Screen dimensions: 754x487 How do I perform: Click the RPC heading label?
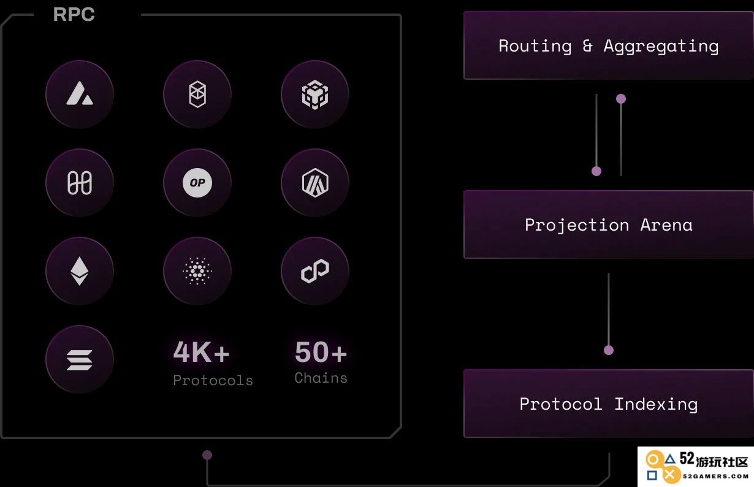tap(74, 15)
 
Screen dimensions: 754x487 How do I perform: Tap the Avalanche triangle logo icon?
tap(80, 94)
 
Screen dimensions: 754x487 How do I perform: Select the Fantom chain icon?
tap(197, 94)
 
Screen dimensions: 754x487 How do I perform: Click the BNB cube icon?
tap(315, 94)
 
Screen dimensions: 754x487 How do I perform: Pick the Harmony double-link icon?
tap(80, 183)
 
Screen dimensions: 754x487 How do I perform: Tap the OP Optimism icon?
tap(197, 183)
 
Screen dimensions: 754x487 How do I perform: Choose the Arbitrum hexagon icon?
tap(315, 183)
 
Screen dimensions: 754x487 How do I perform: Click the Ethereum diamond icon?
tap(80, 270)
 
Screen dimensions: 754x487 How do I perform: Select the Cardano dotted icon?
tap(197, 270)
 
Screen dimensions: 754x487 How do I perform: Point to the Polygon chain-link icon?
tap(315, 270)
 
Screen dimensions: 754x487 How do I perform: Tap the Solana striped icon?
tap(80, 359)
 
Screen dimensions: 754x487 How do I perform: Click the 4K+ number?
tap(201, 352)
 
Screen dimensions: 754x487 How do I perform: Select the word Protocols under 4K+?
tap(213, 380)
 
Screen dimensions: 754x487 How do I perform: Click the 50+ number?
tap(321, 352)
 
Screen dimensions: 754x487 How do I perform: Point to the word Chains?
tap(321, 378)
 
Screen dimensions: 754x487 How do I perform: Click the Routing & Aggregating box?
tap(609, 45)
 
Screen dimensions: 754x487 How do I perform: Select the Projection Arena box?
tap(609, 224)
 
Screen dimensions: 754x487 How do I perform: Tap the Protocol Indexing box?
tap(609, 404)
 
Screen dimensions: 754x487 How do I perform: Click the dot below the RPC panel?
tap(207, 455)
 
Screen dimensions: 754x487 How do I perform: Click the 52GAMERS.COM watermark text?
tap(715, 476)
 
